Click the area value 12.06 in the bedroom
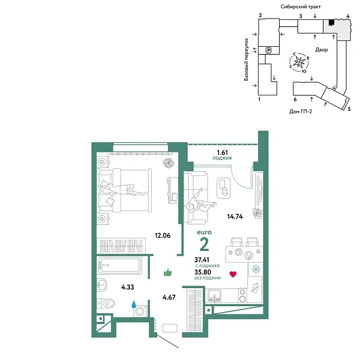pyautogui.click(x=163, y=235)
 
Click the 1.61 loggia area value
pyautogui.click(x=222, y=152)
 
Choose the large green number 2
pyautogui.click(x=204, y=244)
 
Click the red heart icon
pyautogui.click(x=233, y=275)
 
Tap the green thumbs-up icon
pyautogui.click(x=168, y=273)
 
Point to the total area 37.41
pyautogui.click(x=203, y=260)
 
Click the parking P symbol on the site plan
pyautogui.click(x=268, y=50)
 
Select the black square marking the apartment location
pyautogui.click(x=331, y=23)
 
